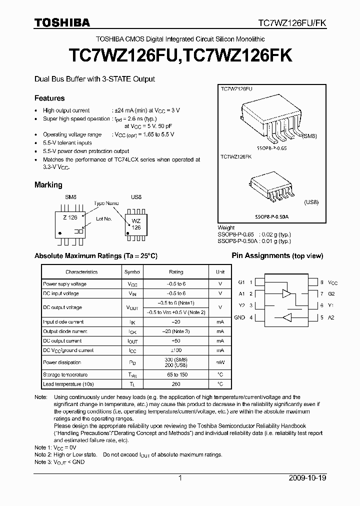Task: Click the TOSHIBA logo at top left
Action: pos(62,22)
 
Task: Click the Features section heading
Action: pos(49,98)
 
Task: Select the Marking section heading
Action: pos(48,185)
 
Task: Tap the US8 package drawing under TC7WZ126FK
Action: pos(270,187)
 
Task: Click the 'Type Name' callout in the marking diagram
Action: pos(106,203)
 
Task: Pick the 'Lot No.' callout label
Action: pos(103,219)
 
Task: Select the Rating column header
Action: pos(176,272)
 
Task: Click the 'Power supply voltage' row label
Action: pos(65,284)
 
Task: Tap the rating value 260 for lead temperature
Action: pos(176,384)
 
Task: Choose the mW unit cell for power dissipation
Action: pos(220,362)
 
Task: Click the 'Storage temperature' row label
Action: pos(65,374)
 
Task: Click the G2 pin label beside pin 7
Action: pos(331,294)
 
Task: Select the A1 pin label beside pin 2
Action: pos(241,294)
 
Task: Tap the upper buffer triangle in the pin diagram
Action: pos(287,293)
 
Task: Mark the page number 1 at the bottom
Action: pos(180,478)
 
